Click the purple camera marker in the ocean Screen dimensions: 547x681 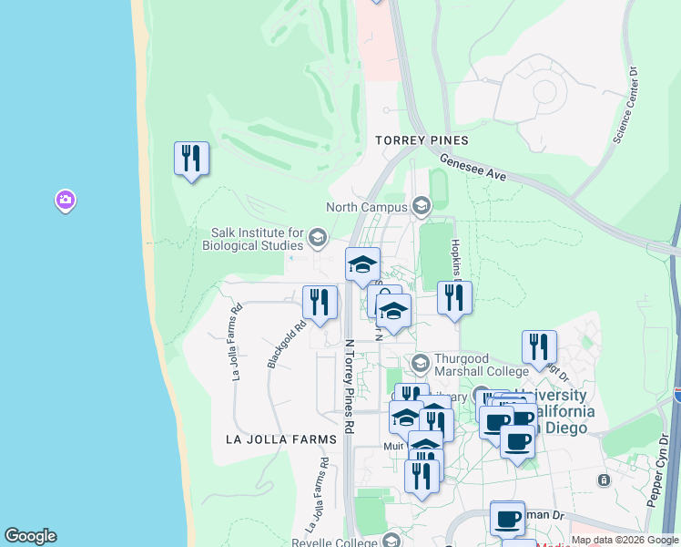65,200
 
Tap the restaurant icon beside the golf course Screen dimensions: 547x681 191,160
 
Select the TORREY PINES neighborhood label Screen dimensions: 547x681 422,140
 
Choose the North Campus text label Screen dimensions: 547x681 368,207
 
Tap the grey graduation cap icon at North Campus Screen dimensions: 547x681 421,207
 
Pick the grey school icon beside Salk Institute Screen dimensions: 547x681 317,239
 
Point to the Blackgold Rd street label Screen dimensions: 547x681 286,343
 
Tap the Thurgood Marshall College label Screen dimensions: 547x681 481,365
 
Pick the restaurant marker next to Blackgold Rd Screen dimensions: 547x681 320,303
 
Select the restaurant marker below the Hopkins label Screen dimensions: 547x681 454,298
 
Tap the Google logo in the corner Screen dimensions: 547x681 30,536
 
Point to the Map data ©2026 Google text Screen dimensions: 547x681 625,540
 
